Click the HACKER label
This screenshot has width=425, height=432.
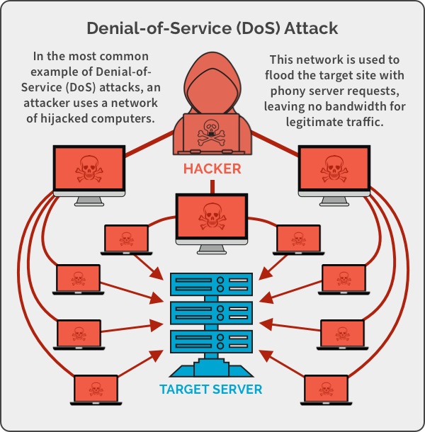click(212, 169)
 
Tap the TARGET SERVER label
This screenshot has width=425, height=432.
click(211, 389)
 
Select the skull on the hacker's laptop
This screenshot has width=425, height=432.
click(212, 131)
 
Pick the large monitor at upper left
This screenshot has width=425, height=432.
click(90, 169)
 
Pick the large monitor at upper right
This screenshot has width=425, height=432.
click(334, 169)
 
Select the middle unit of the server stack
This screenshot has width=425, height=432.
click(211, 312)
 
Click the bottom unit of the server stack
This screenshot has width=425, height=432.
click(211, 341)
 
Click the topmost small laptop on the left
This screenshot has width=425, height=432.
click(127, 239)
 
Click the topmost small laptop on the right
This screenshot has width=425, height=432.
click(297, 239)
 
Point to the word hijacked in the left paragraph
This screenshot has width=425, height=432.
click(72, 118)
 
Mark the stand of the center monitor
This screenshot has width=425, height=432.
click(212, 249)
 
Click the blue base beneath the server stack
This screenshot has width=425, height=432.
click(211, 369)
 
